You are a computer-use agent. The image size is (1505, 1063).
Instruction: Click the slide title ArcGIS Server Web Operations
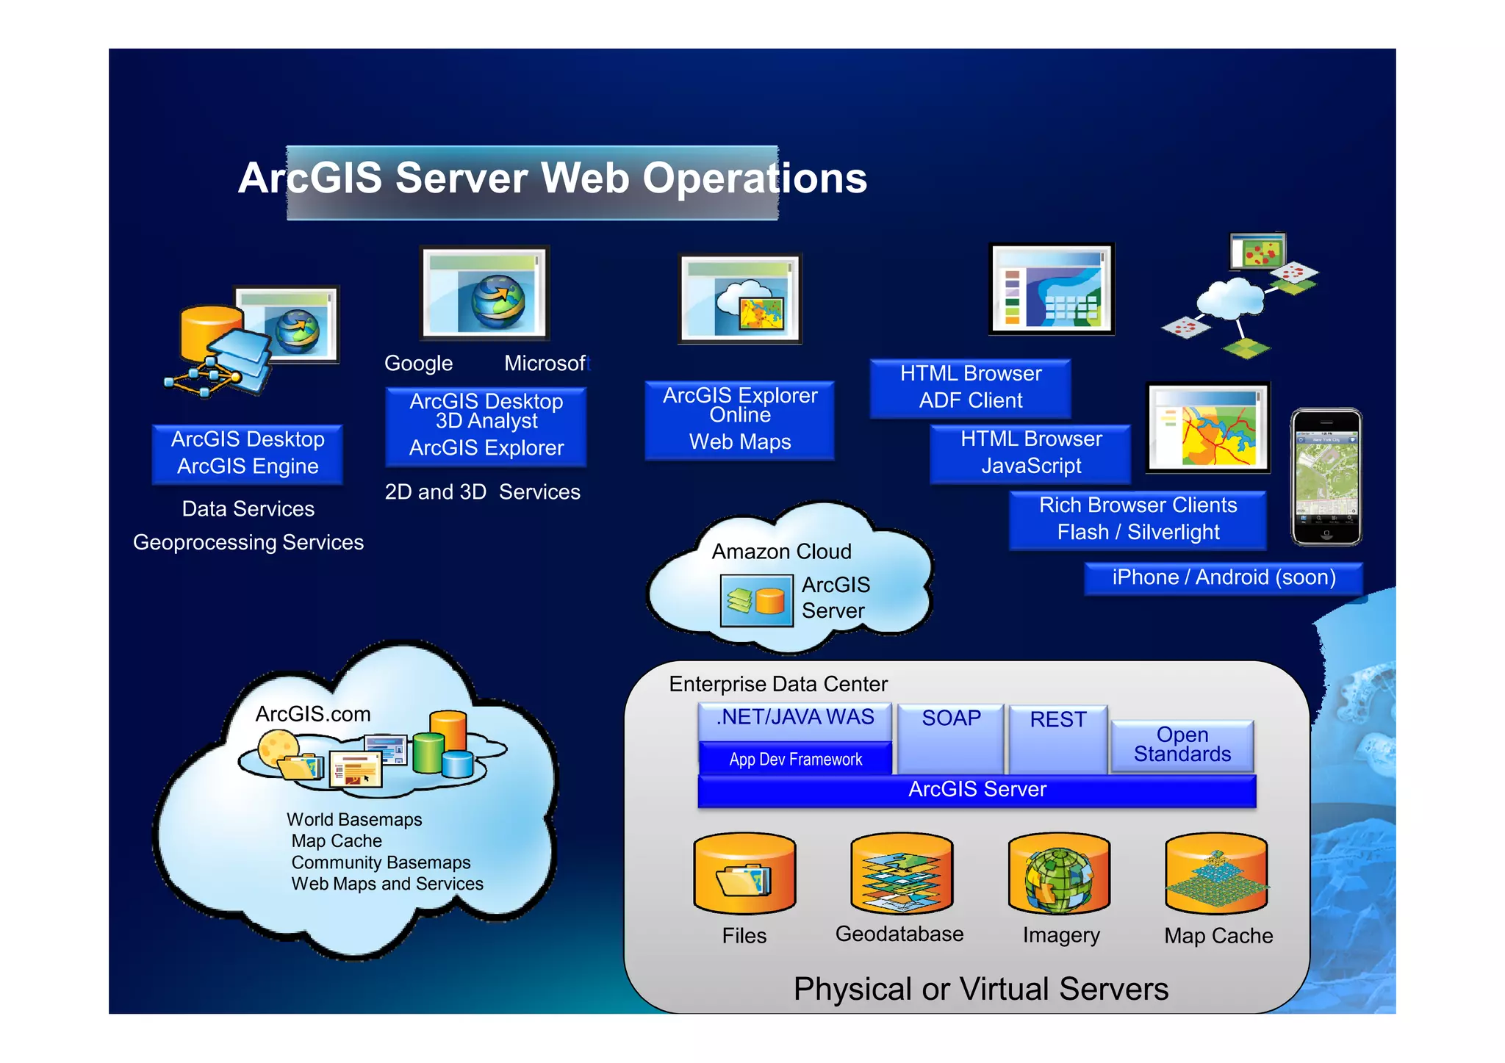click(x=552, y=179)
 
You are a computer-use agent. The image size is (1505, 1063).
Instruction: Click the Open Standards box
click(x=1182, y=745)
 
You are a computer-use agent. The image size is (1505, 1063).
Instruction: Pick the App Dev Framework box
click(x=795, y=760)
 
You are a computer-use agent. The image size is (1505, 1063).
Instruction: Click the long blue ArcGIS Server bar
click(x=977, y=790)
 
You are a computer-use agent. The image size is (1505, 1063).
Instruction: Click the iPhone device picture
click(x=1326, y=477)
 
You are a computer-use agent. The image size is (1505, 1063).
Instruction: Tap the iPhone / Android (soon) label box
click(x=1224, y=577)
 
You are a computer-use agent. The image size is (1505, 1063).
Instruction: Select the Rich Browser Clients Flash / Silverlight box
click(x=1138, y=519)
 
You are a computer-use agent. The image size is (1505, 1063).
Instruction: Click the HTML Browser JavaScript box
click(x=1030, y=453)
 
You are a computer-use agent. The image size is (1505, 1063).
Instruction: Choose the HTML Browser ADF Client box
click(x=970, y=387)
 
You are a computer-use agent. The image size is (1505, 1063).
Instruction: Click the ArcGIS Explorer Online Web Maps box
click(x=739, y=419)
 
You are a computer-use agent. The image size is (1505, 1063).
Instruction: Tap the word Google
click(x=418, y=364)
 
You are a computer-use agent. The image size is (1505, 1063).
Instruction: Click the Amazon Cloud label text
click(x=781, y=552)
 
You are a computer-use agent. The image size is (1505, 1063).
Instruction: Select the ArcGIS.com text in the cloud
click(x=312, y=714)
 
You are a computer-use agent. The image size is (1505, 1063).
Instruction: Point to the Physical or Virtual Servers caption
click(x=980, y=989)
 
